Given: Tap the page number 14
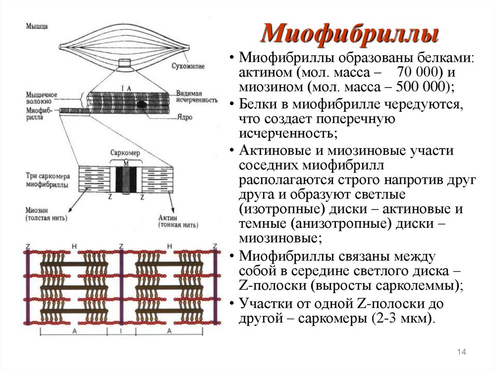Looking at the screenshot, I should [461, 352].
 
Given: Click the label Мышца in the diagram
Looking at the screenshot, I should [37, 26].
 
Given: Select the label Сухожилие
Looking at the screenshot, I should [188, 66].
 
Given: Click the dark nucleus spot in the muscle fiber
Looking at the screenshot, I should [142, 104].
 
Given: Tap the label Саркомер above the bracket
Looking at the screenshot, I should [125, 153].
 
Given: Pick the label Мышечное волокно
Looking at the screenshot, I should [42, 97].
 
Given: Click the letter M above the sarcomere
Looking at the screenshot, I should [126, 163].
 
